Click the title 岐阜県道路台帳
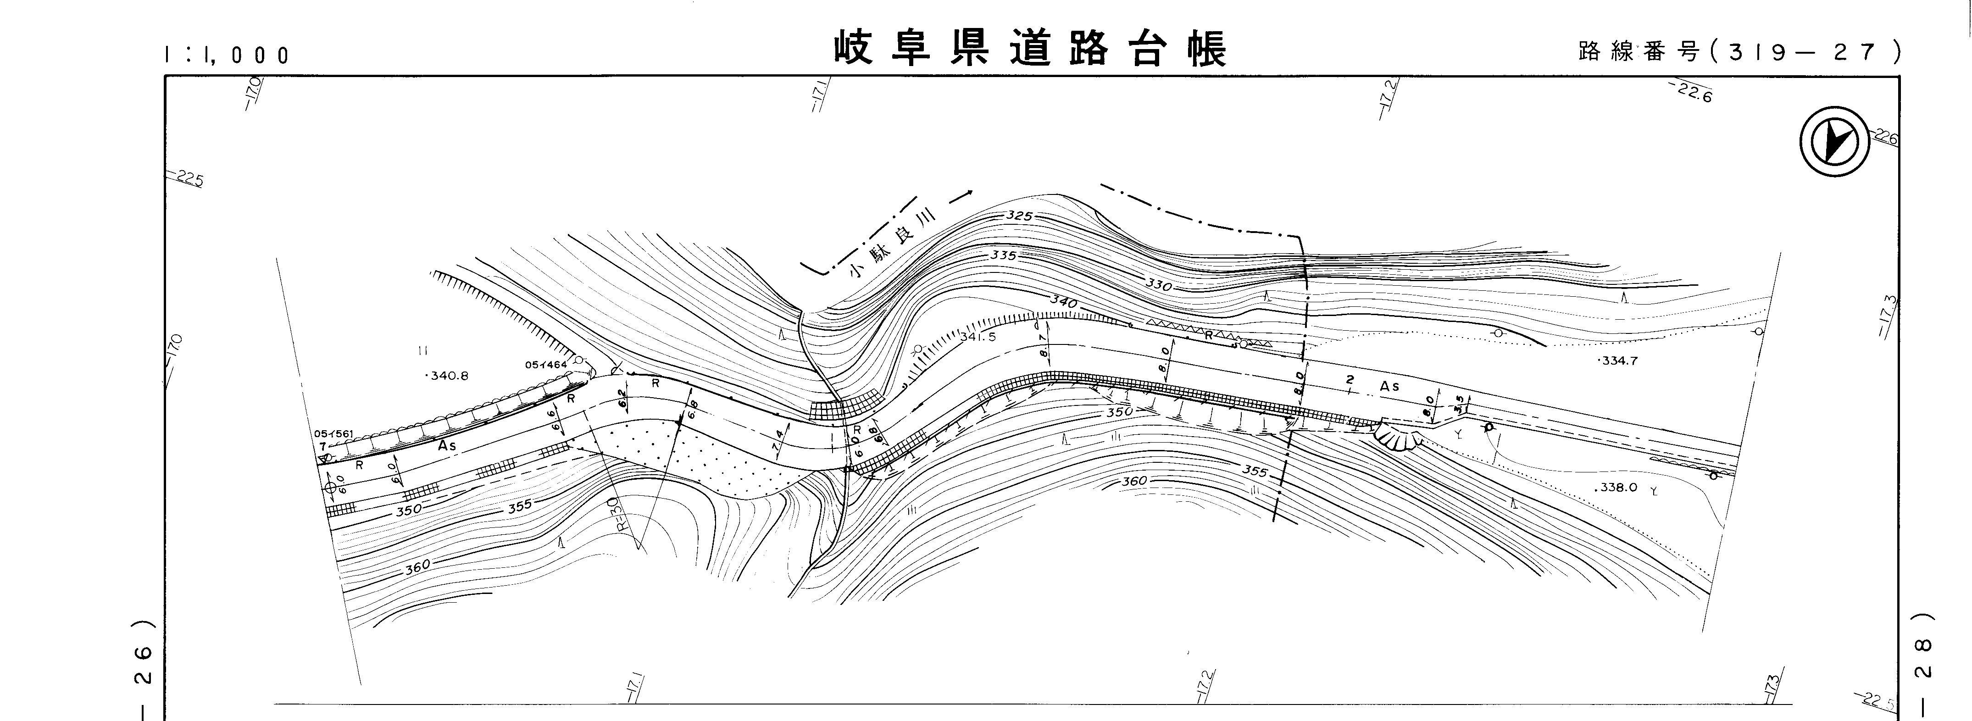tap(1030, 49)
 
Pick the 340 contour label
tap(1064, 302)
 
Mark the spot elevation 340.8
tap(447, 376)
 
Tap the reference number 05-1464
tap(546, 364)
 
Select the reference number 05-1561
tap(332, 434)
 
